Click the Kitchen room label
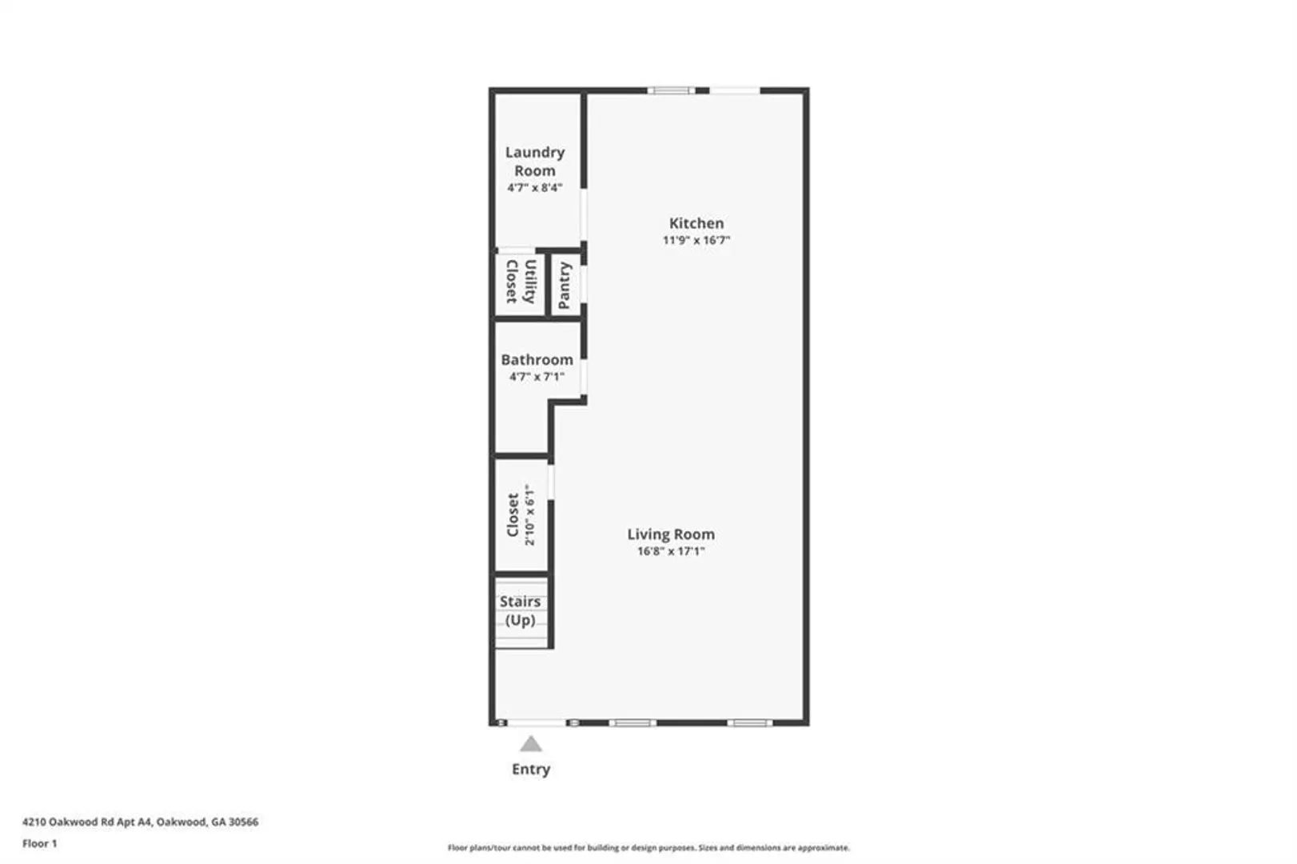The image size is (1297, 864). (696, 223)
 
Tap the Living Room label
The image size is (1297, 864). (671, 534)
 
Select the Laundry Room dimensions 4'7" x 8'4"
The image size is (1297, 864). (534, 188)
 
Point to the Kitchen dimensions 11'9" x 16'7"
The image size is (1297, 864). (696, 240)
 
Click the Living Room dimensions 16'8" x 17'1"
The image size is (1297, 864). (671, 551)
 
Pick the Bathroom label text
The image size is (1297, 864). (537, 360)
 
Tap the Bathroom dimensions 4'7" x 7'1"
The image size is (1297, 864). (537, 377)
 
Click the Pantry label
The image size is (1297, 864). (565, 286)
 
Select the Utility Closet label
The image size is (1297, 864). (521, 282)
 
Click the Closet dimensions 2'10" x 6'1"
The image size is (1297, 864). (529, 515)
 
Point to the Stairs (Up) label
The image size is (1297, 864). (520, 610)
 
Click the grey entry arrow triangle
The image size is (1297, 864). (530, 743)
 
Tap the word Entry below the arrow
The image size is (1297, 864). (531, 770)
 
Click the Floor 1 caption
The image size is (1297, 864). (40, 844)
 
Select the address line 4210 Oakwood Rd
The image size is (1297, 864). (141, 822)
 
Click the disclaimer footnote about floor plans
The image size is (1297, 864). (648, 848)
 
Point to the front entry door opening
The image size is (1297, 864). (537, 722)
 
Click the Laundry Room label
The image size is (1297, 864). (534, 162)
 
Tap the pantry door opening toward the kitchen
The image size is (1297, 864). (584, 284)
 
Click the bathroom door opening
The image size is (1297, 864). (584, 378)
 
